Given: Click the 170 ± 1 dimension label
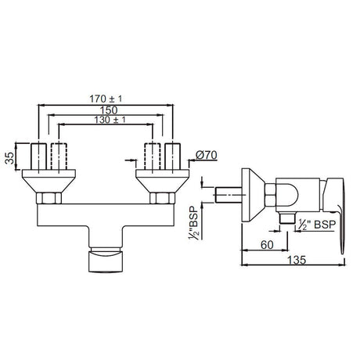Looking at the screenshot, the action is tap(106, 99).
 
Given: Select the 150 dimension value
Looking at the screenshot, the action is tap(109, 110).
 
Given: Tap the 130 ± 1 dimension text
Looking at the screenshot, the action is tap(110, 120).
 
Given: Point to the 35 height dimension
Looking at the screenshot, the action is tap(9, 158).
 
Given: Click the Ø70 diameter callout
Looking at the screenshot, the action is tap(206, 155).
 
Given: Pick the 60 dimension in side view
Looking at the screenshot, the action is tap(267, 245).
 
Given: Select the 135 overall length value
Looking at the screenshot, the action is tap(296, 260).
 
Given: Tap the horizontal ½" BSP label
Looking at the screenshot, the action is tap(315, 225).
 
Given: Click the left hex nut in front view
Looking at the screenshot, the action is tap(49, 198).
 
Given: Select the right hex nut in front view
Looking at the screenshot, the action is tap(162, 198).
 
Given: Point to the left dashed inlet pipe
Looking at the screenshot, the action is tap(59, 157).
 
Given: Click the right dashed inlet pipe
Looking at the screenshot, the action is tap(153, 157).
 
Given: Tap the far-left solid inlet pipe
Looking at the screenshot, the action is tap(38, 157).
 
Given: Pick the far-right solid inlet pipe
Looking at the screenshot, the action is tap(173, 157).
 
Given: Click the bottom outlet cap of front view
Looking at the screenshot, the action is tap(106, 261).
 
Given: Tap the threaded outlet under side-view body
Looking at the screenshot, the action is tap(287, 218).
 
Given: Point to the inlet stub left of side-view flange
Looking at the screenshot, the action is tap(229, 195).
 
